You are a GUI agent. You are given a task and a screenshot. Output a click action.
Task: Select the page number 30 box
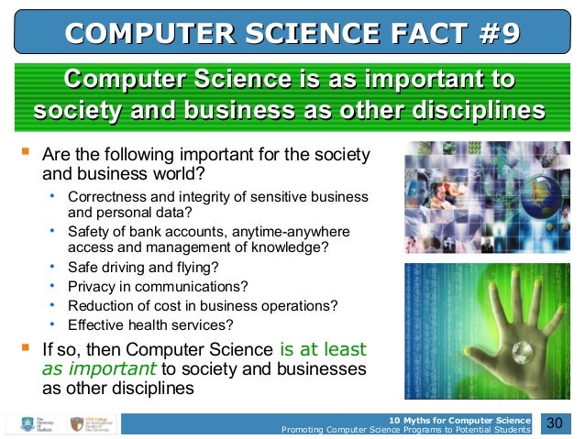[x=554, y=423]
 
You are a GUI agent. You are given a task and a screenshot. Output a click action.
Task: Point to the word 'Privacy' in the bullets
[x=93, y=286]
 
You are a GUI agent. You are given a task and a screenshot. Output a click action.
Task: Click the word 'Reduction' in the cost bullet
[x=101, y=305]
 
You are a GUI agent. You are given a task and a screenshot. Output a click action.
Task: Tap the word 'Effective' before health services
[x=96, y=324]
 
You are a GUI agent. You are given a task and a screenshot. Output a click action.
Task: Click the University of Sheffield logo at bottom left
[x=33, y=424]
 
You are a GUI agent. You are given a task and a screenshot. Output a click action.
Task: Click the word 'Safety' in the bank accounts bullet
[x=89, y=231]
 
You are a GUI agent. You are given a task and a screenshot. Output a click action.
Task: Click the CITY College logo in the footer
[x=88, y=424]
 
